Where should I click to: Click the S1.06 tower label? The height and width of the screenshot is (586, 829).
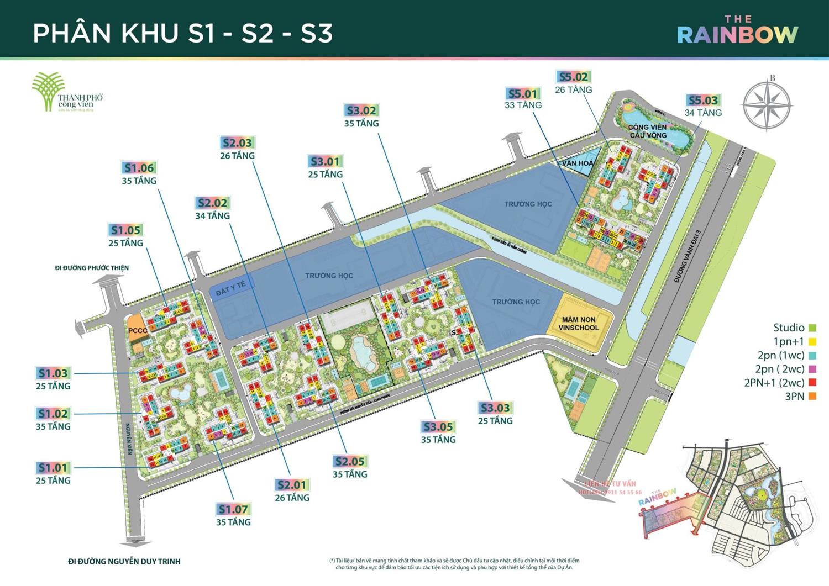point(139,168)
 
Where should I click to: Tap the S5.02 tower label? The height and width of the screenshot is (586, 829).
point(573,77)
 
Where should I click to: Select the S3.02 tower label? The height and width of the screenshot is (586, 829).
point(361,110)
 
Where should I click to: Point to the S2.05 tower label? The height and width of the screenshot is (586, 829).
point(350,461)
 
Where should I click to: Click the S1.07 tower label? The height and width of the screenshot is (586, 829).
point(233,509)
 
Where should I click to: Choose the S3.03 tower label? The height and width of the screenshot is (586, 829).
point(495,408)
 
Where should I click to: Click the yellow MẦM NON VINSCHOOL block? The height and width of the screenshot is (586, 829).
point(579,324)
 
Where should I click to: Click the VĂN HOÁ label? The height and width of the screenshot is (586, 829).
point(578,163)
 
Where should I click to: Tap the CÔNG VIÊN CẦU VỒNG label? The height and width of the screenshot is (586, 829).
point(648,131)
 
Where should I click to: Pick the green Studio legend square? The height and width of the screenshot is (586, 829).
point(812,328)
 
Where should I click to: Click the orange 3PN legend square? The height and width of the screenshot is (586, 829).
point(812,396)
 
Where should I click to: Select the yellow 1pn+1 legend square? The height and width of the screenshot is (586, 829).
point(812,342)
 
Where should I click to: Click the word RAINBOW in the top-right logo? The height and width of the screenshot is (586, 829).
point(737,35)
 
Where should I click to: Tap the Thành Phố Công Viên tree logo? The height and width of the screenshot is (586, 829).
point(48,92)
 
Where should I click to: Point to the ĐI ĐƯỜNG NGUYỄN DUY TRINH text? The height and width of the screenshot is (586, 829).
point(124,562)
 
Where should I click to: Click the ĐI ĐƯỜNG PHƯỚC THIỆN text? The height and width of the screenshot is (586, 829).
point(92,268)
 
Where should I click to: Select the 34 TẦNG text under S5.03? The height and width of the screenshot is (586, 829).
point(703,113)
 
